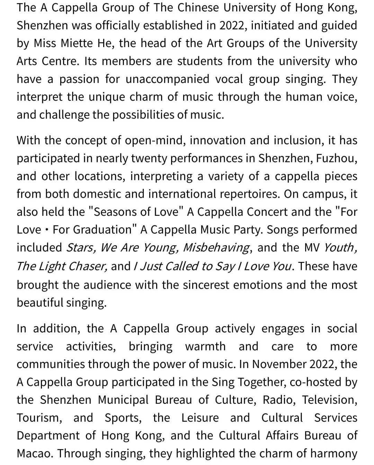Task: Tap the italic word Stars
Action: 80,248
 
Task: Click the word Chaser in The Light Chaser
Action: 88,266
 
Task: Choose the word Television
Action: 329,400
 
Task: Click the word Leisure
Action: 200,418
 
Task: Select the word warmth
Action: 205,346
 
